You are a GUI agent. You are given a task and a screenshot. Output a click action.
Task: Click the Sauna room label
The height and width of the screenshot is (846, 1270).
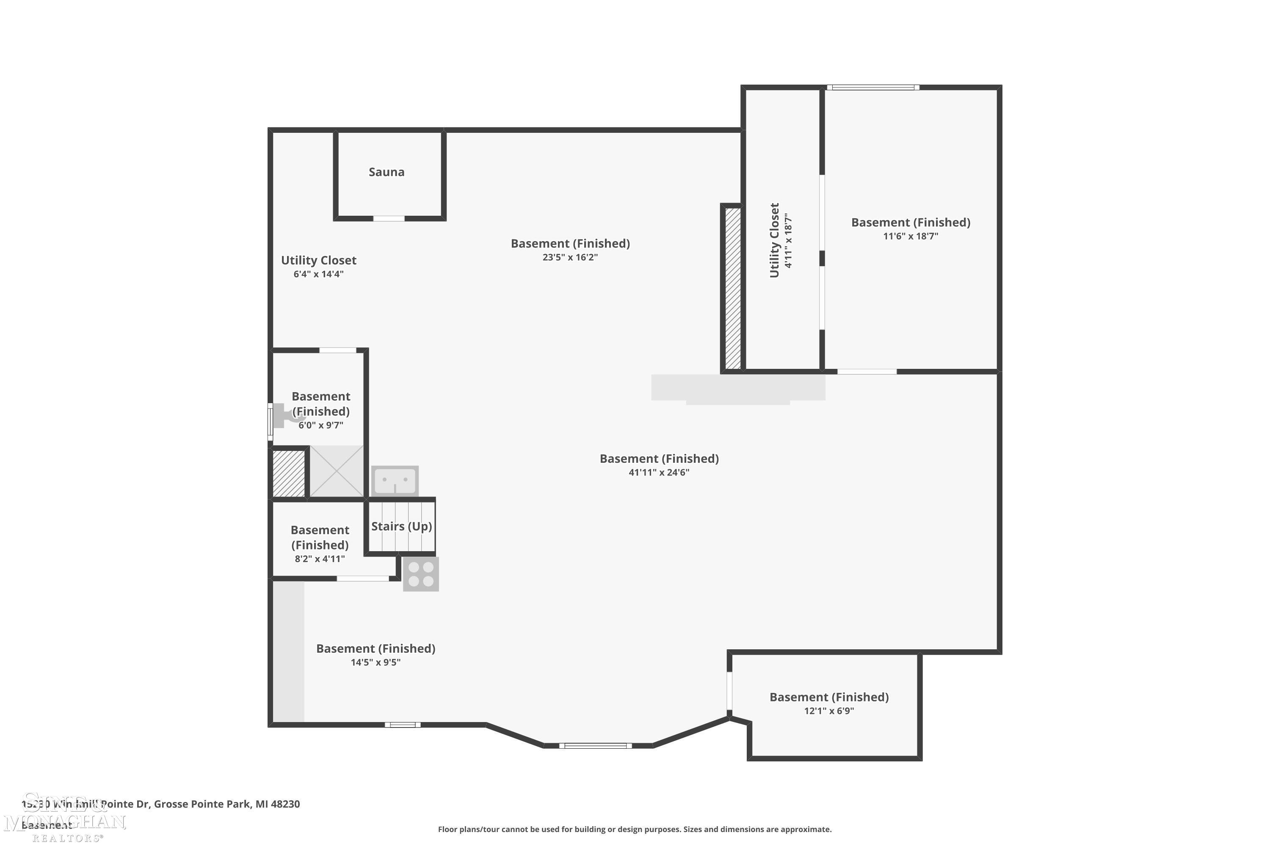point(386,172)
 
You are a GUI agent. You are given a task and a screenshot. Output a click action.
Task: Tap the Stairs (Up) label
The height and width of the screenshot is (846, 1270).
point(401,526)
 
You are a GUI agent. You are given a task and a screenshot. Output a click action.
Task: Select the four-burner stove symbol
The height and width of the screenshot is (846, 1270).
point(421,574)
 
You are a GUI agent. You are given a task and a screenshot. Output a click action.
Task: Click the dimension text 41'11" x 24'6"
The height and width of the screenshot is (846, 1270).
point(659,472)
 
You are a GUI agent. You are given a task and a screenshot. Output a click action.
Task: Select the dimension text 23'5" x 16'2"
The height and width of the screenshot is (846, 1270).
point(570,257)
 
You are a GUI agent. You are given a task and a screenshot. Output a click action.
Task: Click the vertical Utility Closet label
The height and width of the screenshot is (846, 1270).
point(774,241)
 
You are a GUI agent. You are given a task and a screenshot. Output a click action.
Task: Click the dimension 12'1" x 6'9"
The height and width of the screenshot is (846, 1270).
point(829,711)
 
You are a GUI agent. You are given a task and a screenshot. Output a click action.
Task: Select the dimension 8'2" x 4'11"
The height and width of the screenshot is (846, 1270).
point(320,559)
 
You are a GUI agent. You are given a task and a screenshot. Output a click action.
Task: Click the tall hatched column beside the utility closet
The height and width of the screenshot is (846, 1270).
point(733,288)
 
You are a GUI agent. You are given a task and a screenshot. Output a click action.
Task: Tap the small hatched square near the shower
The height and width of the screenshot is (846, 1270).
point(289,473)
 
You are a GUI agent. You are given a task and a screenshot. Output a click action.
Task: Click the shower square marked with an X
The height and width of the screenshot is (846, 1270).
point(337,471)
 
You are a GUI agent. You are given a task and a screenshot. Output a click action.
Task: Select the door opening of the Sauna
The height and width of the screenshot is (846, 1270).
point(389,219)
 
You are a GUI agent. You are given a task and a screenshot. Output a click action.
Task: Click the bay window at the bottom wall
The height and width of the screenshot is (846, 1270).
point(595,746)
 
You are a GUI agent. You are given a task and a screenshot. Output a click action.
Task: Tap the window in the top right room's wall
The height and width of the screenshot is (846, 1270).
point(872,88)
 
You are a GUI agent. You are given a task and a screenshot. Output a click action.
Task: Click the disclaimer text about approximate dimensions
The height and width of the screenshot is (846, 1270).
point(635,829)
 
